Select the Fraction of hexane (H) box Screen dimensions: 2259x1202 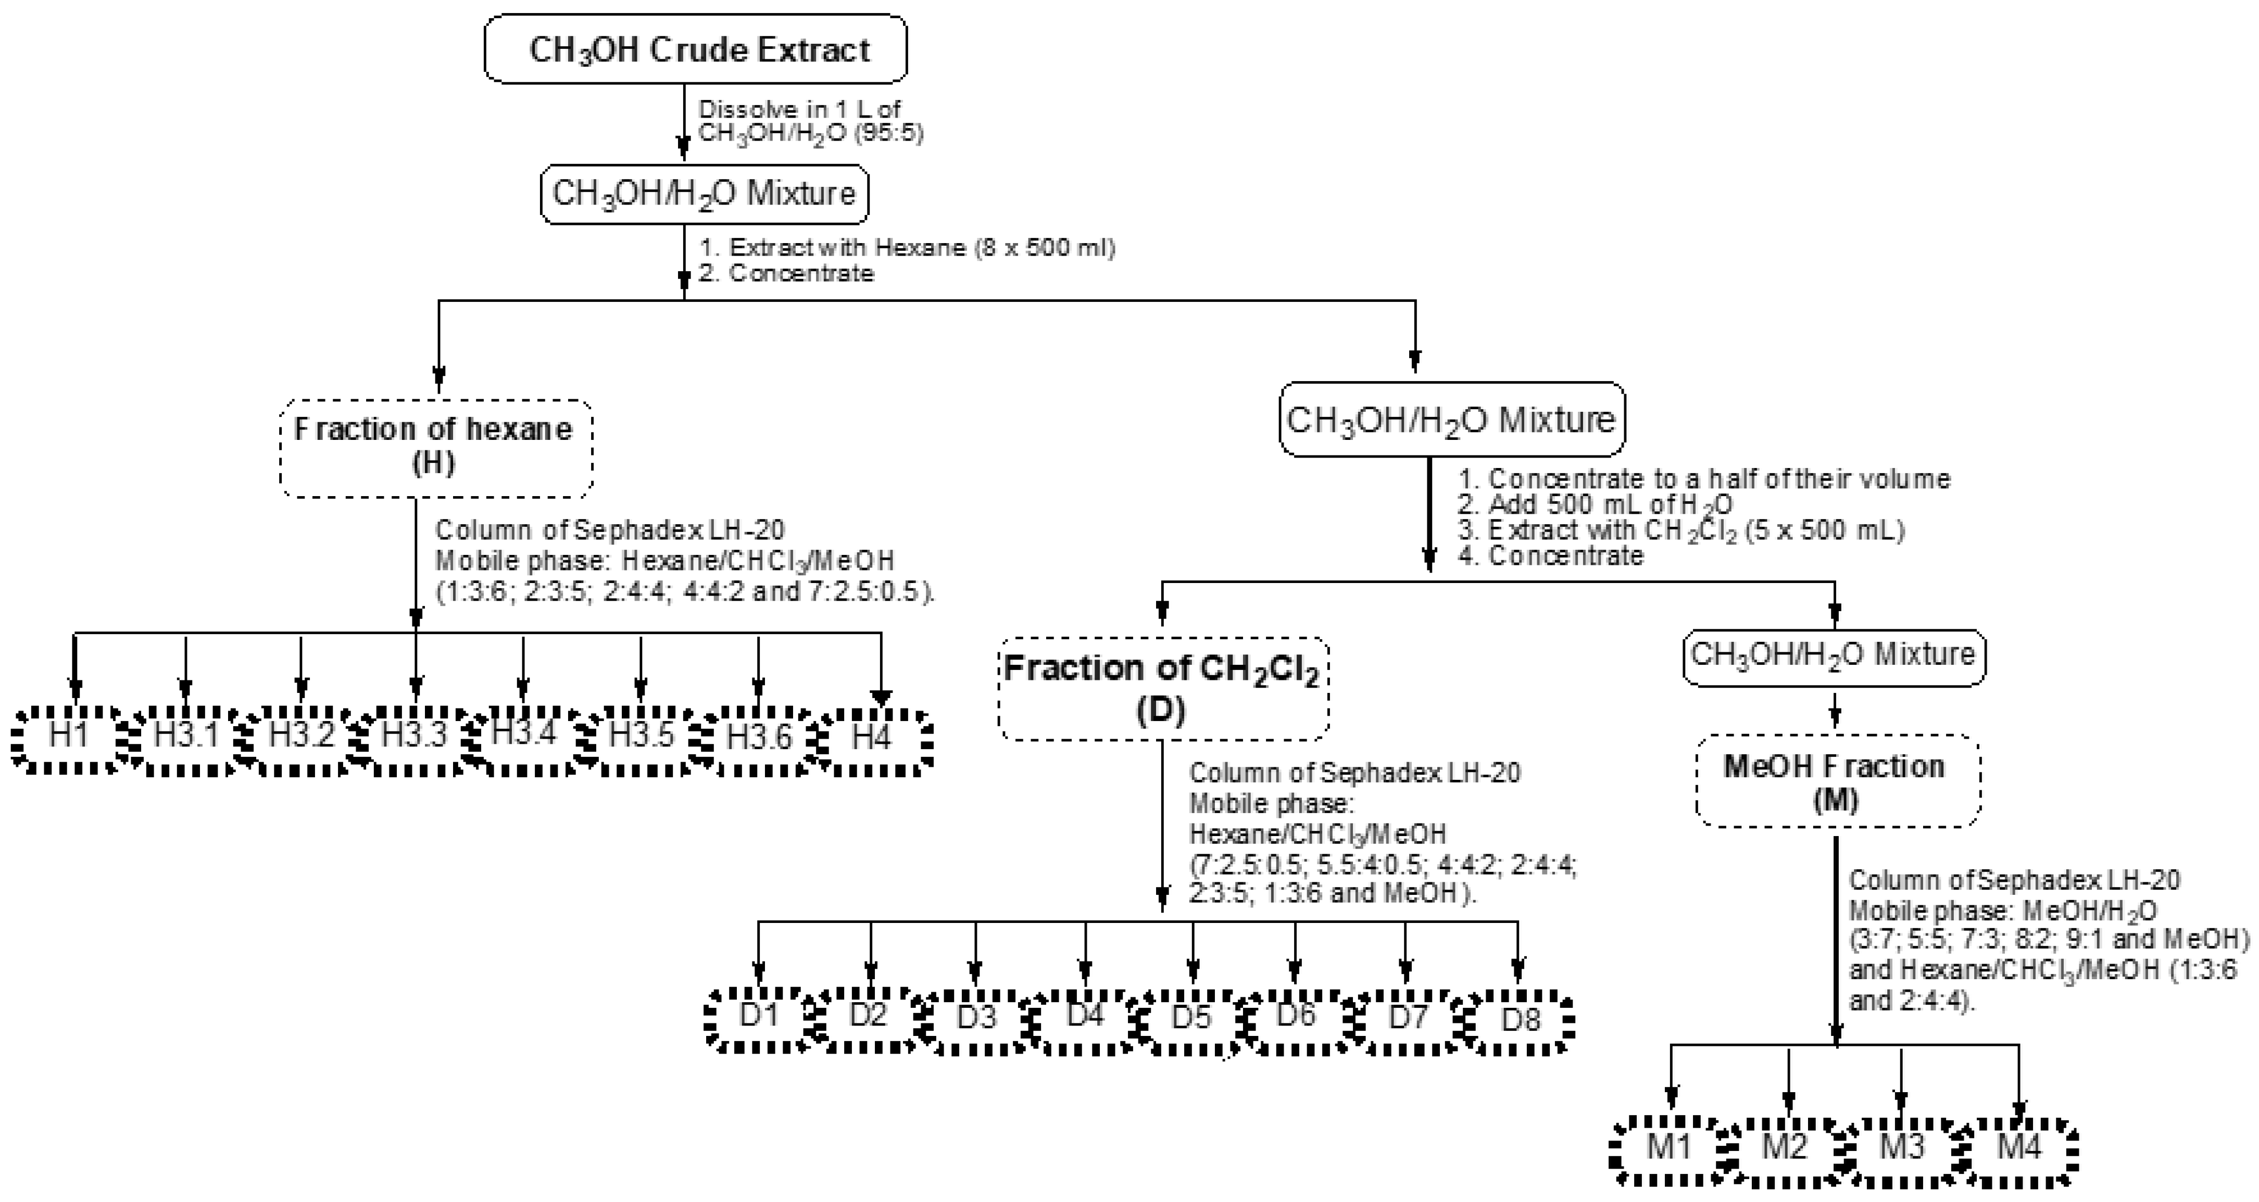pyautogui.click(x=436, y=448)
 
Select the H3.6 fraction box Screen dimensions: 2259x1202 pyautogui.click(x=759, y=741)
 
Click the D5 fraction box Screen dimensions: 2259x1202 pyautogui.click(x=1191, y=1020)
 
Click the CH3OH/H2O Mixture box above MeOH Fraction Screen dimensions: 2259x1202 pyautogui.click(x=1834, y=656)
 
